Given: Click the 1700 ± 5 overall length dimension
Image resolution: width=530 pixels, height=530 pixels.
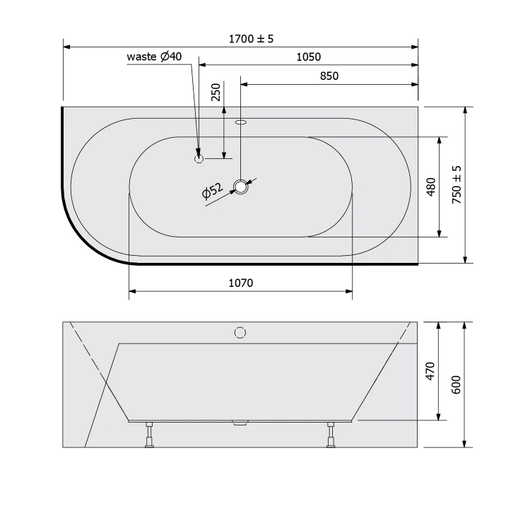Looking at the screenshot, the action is [251, 39].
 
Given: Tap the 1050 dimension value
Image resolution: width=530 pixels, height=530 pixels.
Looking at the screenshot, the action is [309, 57].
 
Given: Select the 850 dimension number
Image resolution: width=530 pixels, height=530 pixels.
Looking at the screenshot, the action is [329, 76].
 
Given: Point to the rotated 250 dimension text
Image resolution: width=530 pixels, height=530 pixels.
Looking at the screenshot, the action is [216, 92].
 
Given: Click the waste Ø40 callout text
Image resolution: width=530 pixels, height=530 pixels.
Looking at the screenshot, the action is [154, 56].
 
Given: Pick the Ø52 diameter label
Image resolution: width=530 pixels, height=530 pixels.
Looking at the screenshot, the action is [212, 191].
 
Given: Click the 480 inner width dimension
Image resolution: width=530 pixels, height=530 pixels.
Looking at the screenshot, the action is [431, 187].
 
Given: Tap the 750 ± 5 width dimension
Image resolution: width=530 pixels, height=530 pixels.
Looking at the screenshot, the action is [457, 184].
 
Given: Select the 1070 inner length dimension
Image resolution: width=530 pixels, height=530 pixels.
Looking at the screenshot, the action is [241, 283].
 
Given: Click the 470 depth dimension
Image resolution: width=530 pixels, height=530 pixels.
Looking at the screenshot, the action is [430, 371].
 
